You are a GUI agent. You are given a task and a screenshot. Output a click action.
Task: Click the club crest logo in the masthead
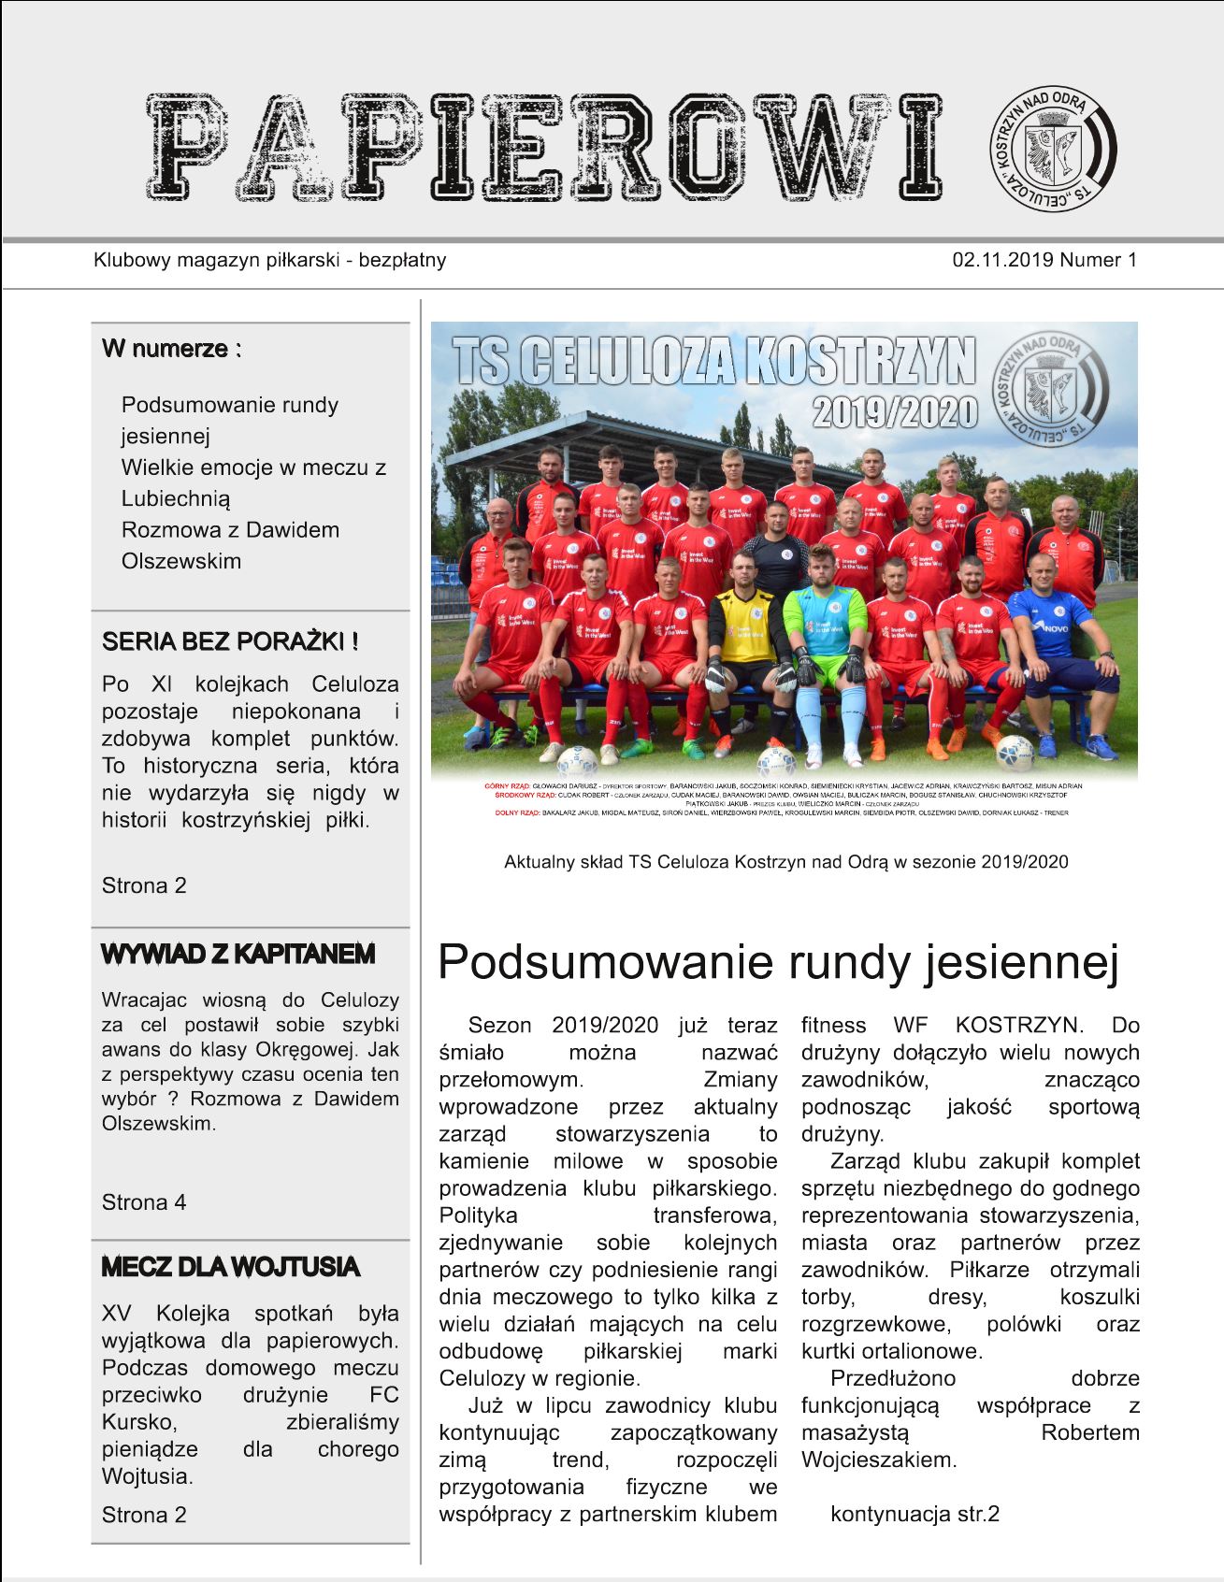click(x=1053, y=149)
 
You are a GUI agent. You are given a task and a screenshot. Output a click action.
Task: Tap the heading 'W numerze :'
click(x=172, y=349)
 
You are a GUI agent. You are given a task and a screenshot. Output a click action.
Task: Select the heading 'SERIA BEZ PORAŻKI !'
click(x=230, y=642)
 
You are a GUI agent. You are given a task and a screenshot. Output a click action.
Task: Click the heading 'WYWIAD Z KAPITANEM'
click(x=238, y=955)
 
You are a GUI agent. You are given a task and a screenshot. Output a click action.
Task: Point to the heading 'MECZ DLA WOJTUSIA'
click(x=230, y=1268)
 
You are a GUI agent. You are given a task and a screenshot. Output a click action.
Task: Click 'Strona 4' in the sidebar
click(x=144, y=1202)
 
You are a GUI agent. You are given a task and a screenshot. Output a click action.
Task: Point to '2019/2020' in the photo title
click(x=895, y=412)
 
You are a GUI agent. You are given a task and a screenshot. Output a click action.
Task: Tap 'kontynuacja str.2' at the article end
click(x=914, y=1515)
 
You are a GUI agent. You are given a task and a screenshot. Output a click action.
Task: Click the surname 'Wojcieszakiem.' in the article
click(x=879, y=1460)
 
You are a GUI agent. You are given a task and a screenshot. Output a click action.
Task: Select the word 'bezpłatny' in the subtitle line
click(x=402, y=260)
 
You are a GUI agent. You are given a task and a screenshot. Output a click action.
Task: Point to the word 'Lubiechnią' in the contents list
click(x=176, y=498)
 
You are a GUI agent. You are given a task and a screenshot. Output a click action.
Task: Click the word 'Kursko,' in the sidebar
click(x=139, y=1423)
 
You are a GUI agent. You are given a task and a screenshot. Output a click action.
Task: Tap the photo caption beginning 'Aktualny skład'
click(x=785, y=862)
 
